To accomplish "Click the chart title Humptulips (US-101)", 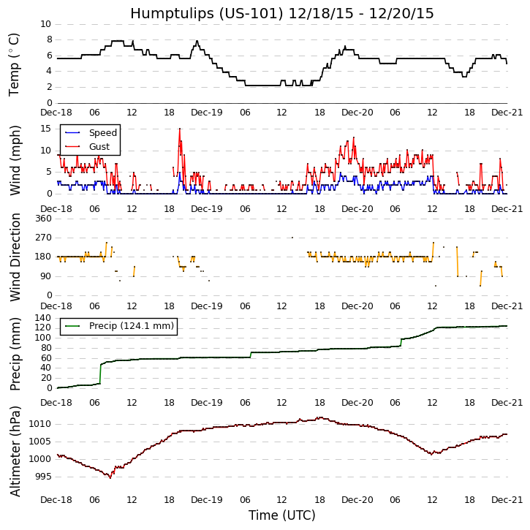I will pyautogui.click(x=281, y=13).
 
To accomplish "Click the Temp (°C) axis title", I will pyautogui.click(x=15, y=64).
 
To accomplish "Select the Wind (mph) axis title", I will pyautogui.click(x=15, y=159).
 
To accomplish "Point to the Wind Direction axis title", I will pyautogui.click(x=15, y=257).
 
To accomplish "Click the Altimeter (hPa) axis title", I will pyautogui.click(x=15, y=451).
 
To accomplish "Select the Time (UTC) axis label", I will pyautogui.click(x=281, y=515).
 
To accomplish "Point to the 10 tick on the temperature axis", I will pyautogui.click(x=45, y=24).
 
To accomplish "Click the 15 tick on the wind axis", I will pyautogui.click(x=45, y=128).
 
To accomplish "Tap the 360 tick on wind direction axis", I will pyautogui.click(x=42, y=219).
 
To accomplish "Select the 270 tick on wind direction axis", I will pyautogui.click(x=42, y=238).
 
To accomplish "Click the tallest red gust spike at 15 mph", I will pyautogui.click(x=180, y=129).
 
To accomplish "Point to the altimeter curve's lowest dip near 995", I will pyautogui.click(x=110, y=477).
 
